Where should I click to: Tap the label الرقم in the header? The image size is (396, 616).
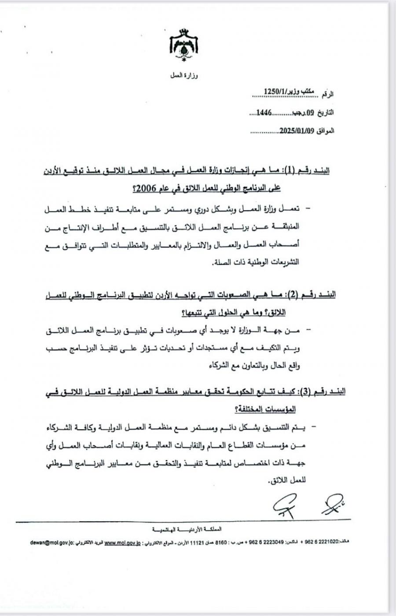pos(327,94)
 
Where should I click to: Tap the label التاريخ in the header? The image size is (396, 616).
pos(326,113)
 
